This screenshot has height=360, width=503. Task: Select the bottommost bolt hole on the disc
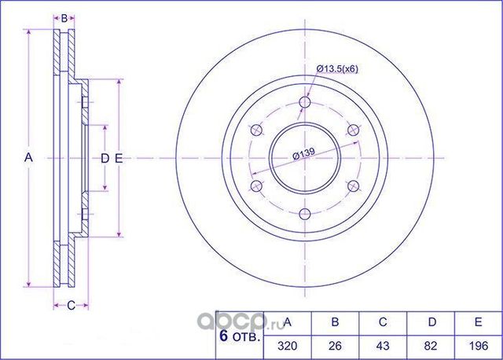pos(306,213)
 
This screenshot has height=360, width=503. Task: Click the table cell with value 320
pos(288,345)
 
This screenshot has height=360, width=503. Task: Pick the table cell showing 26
pos(335,345)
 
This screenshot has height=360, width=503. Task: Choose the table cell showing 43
pos(382,345)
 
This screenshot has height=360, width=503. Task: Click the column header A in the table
pos(288,323)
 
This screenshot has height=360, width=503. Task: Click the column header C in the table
pos(382,323)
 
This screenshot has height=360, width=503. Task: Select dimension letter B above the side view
pos(65,17)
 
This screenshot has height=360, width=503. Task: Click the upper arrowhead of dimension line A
pos(29,33)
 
